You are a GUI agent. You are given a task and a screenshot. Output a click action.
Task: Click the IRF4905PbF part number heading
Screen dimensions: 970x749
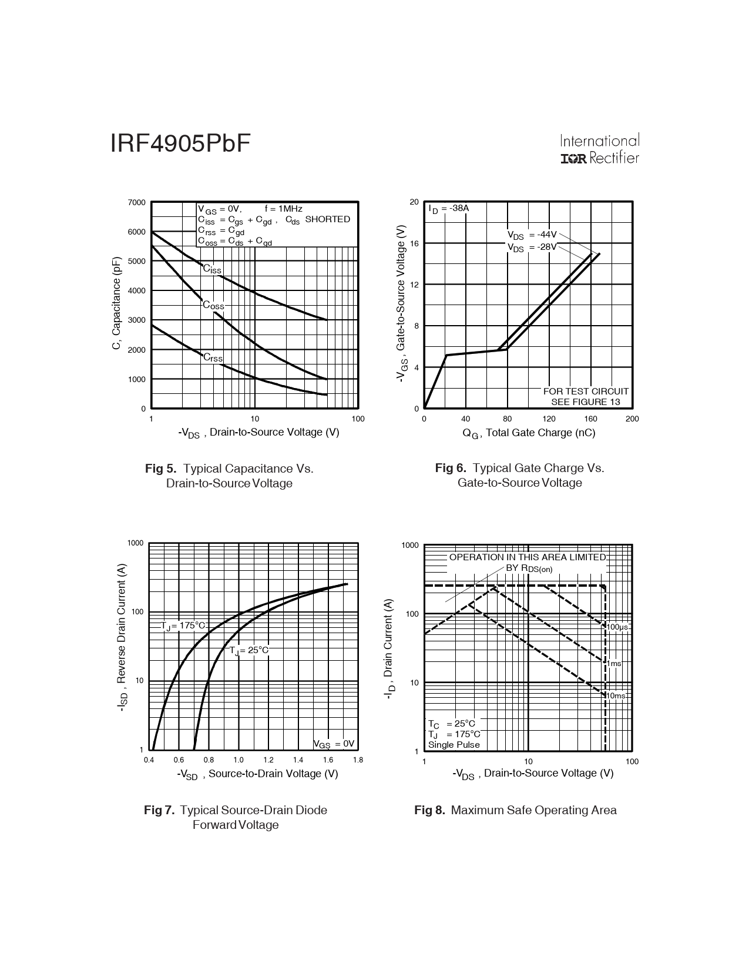pos(180,143)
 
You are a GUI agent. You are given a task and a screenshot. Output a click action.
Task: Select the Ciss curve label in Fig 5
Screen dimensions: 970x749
pos(212,269)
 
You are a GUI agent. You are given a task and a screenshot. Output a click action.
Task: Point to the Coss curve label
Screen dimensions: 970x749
pos(213,306)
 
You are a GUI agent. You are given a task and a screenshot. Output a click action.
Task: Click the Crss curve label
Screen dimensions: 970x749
pos(213,357)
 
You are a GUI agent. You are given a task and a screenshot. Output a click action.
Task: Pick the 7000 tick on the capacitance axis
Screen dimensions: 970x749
pos(136,203)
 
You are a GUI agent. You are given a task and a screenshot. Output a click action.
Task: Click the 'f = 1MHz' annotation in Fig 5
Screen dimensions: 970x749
pos(283,209)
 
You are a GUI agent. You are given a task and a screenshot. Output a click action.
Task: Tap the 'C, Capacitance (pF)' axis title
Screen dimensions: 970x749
pos(116,303)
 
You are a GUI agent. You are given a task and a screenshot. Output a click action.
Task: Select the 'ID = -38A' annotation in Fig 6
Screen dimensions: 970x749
pos(448,209)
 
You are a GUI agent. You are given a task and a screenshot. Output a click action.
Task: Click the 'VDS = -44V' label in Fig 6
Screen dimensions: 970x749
pos(532,235)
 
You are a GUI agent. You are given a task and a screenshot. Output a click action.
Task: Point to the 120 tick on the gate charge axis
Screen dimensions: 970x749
pos(549,419)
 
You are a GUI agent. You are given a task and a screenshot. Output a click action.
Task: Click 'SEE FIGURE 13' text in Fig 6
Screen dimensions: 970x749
pos(585,402)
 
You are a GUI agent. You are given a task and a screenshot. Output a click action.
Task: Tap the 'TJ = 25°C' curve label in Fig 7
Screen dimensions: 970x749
pos(248,650)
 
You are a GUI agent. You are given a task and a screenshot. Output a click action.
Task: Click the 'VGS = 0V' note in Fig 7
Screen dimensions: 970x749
pos(334,744)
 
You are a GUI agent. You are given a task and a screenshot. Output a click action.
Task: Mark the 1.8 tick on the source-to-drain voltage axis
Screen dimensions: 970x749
pos(358,760)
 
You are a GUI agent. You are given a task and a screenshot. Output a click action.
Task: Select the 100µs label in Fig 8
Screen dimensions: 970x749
pos(618,627)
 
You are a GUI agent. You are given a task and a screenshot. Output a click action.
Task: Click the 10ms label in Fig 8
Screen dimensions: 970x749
pos(616,696)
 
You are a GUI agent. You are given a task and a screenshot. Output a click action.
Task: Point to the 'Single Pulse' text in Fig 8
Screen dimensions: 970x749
pos(454,745)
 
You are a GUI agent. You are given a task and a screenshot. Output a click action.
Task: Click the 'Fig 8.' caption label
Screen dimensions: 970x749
pos(429,810)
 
